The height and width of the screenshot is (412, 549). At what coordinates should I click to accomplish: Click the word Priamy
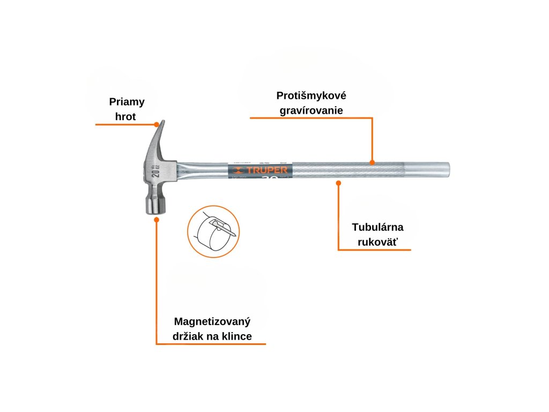point(127,101)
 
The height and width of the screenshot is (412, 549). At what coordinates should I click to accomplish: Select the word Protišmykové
point(311,96)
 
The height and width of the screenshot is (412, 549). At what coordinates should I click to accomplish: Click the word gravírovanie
point(311,111)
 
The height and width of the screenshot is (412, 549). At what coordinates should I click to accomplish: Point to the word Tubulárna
point(378,227)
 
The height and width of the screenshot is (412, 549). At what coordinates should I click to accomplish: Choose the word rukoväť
point(378,241)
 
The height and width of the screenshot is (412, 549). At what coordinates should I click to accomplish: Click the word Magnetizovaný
point(212,322)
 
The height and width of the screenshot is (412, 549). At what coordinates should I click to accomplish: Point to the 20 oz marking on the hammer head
point(156,171)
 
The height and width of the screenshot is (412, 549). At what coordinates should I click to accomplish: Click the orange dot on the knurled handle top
point(372,161)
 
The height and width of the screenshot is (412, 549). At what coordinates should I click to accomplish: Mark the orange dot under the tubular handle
point(338,183)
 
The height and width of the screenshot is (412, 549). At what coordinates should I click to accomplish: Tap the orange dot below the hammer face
point(157,218)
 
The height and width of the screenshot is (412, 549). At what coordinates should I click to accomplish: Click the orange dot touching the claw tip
point(157,124)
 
